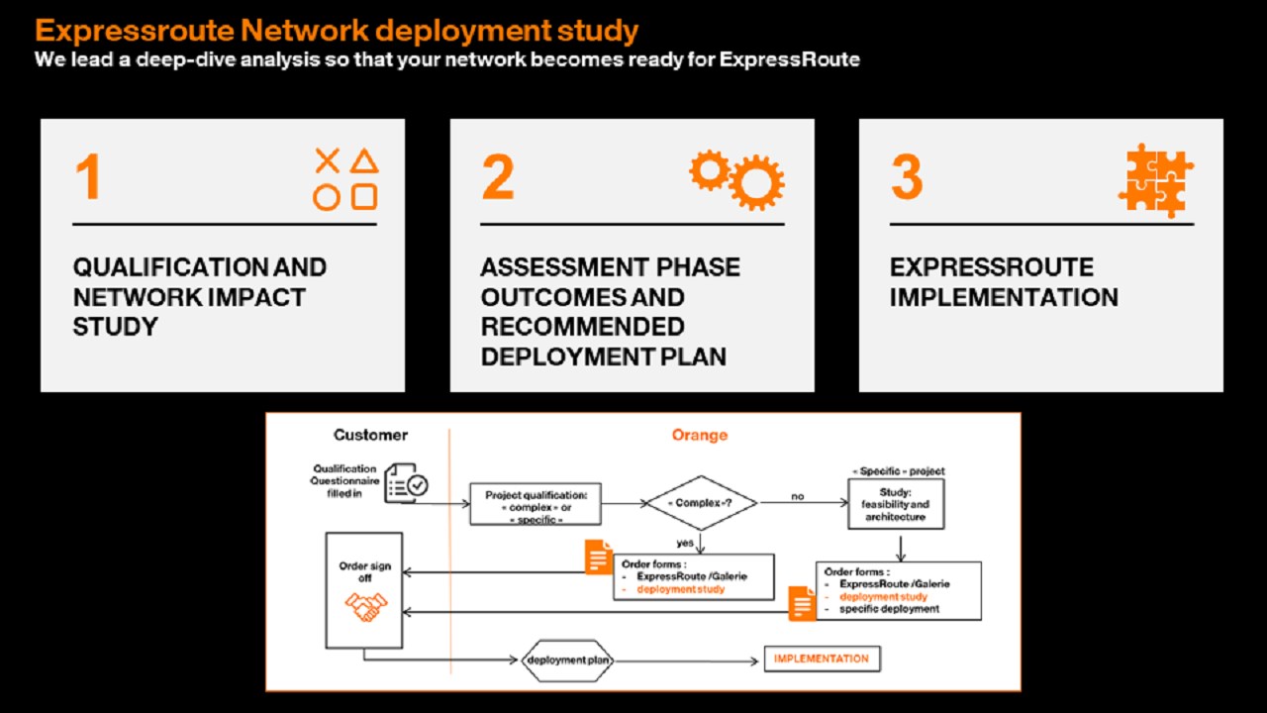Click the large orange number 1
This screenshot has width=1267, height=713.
coord(88,176)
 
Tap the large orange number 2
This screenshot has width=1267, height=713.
coord(498,176)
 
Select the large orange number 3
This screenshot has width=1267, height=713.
coord(907,176)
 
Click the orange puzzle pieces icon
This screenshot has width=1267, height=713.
coord(1155,181)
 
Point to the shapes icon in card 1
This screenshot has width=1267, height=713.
coord(345,179)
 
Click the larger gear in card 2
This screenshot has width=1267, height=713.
coord(758,182)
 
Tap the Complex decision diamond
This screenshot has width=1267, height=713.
coord(702,503)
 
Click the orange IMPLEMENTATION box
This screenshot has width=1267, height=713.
coord(821,659)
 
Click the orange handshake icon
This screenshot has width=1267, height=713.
coord(364,606)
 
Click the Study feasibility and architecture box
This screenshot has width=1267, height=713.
coord(896,504)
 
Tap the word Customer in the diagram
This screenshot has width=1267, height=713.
coord(370,435)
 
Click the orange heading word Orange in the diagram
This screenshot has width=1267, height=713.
coord(699,435)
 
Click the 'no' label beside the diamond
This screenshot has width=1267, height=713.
coord(796,495)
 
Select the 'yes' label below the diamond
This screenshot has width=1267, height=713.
coord(683,542)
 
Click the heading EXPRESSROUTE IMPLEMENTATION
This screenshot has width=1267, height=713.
coord(1003,282)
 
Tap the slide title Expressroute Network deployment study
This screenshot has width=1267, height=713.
coord(337,31)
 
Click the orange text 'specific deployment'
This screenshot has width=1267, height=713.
coord(889,609)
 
